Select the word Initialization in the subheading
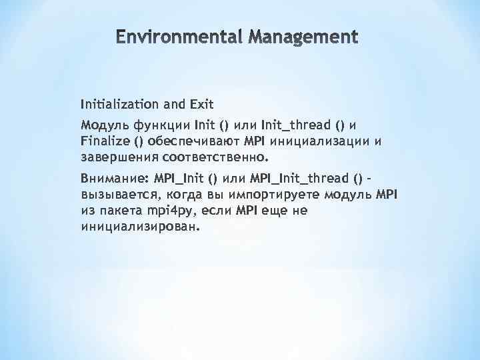click(x=119, y=104)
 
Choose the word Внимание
click(x=113, y=179)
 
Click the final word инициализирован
click(x=140, y=227)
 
